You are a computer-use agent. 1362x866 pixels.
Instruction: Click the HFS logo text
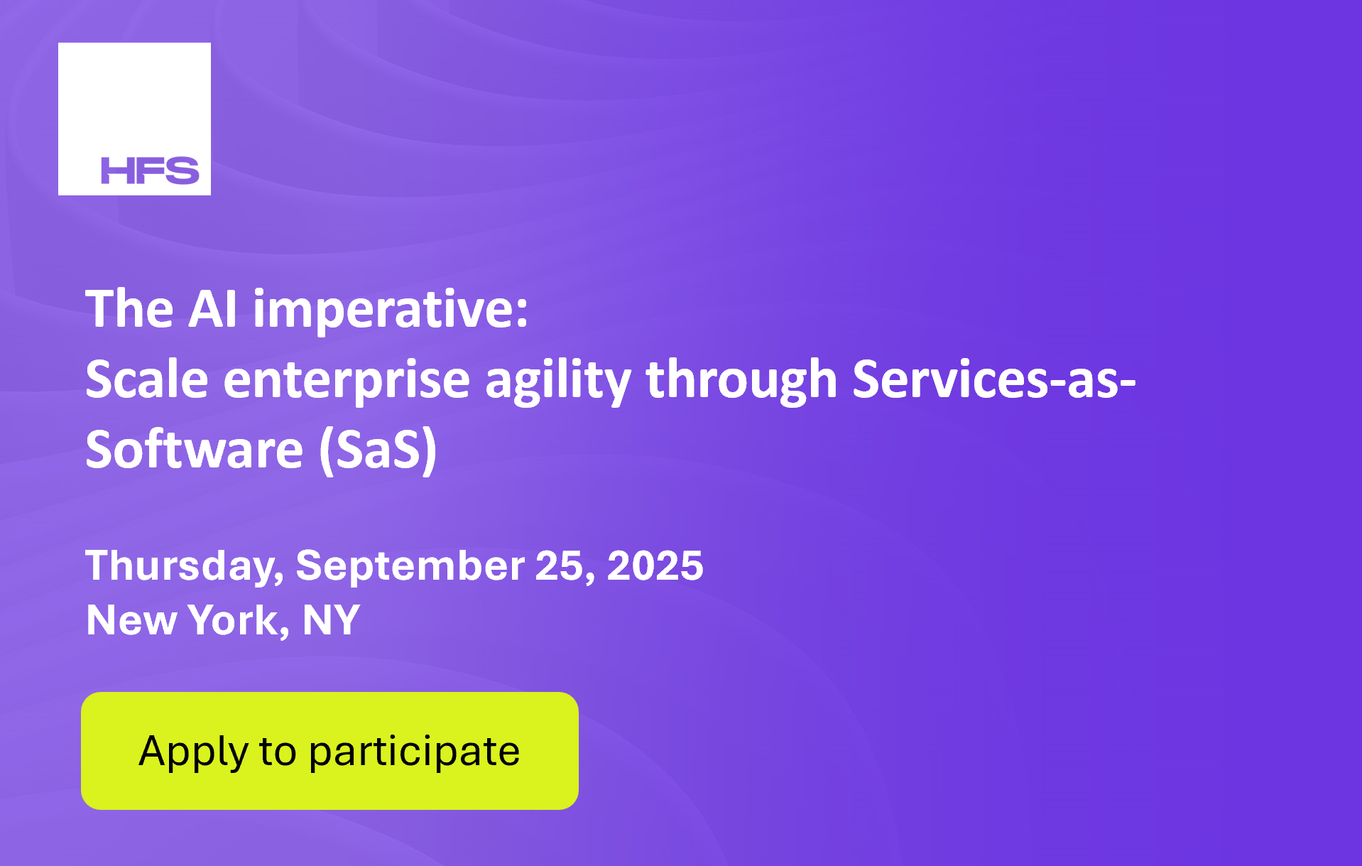[x=150, y=171]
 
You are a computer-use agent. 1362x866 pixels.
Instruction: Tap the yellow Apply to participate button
[x=329, y=750]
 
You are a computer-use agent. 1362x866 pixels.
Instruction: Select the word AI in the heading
[x=212, y=310]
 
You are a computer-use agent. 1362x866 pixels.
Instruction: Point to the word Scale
[x=147, y=379]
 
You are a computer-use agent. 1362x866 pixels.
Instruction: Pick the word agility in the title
[x=557, y=382]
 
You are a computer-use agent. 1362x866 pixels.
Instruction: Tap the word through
[x=741, y=382]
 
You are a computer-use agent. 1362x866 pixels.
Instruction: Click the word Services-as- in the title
[x=994, y=379]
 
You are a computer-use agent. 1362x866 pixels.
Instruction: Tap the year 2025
[x=655, y=565]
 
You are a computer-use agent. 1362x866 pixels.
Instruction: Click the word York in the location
[x=239, y=621]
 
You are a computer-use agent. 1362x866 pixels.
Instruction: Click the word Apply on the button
[x=193, y=752]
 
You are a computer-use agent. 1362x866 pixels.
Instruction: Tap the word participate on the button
[x=414, y=752]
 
